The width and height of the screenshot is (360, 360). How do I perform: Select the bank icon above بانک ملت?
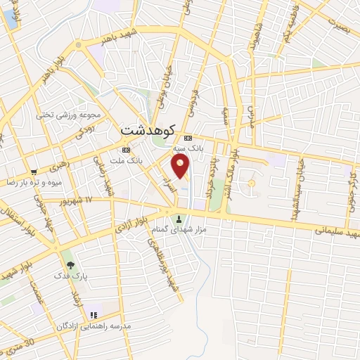(x=126, y=150)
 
